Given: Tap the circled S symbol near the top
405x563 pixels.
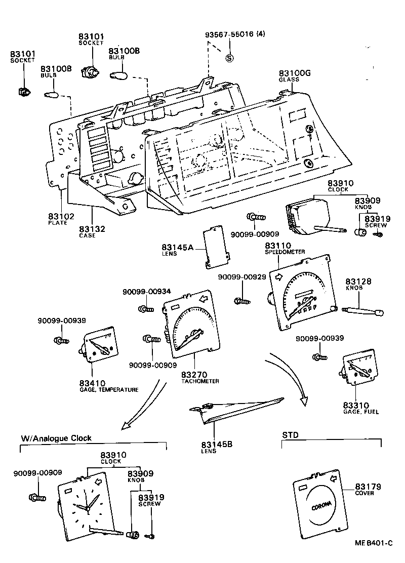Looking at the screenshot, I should (x=229, y=57).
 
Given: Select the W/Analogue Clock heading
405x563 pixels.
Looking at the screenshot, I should (x=56, y=438).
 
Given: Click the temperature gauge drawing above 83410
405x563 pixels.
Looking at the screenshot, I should (x=99, y=348).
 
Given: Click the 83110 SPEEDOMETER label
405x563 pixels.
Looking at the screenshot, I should (x=284, y=248).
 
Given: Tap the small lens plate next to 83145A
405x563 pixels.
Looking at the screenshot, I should (x=214, y=248).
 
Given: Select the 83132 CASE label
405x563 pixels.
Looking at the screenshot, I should (x=92, y=232).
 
